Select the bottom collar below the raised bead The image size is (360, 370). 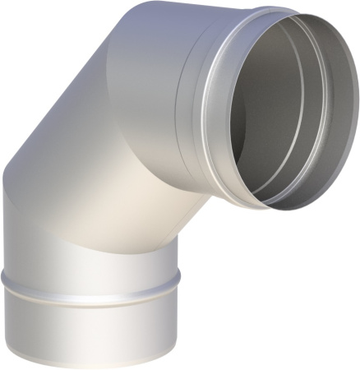point(90,325)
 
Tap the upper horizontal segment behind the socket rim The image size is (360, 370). point(156,82)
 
